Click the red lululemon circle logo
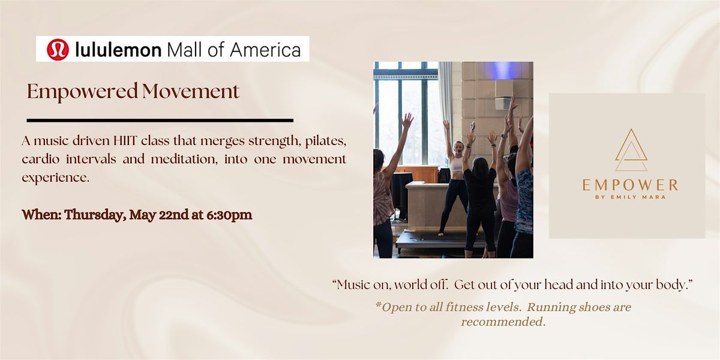coord(58,49)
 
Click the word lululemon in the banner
coord(118,49)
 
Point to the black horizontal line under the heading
coord(160,120)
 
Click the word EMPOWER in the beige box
coord(630,185)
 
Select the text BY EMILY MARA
coord(630,197)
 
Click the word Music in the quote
coord(354,285)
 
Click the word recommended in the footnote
coord(503,322)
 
